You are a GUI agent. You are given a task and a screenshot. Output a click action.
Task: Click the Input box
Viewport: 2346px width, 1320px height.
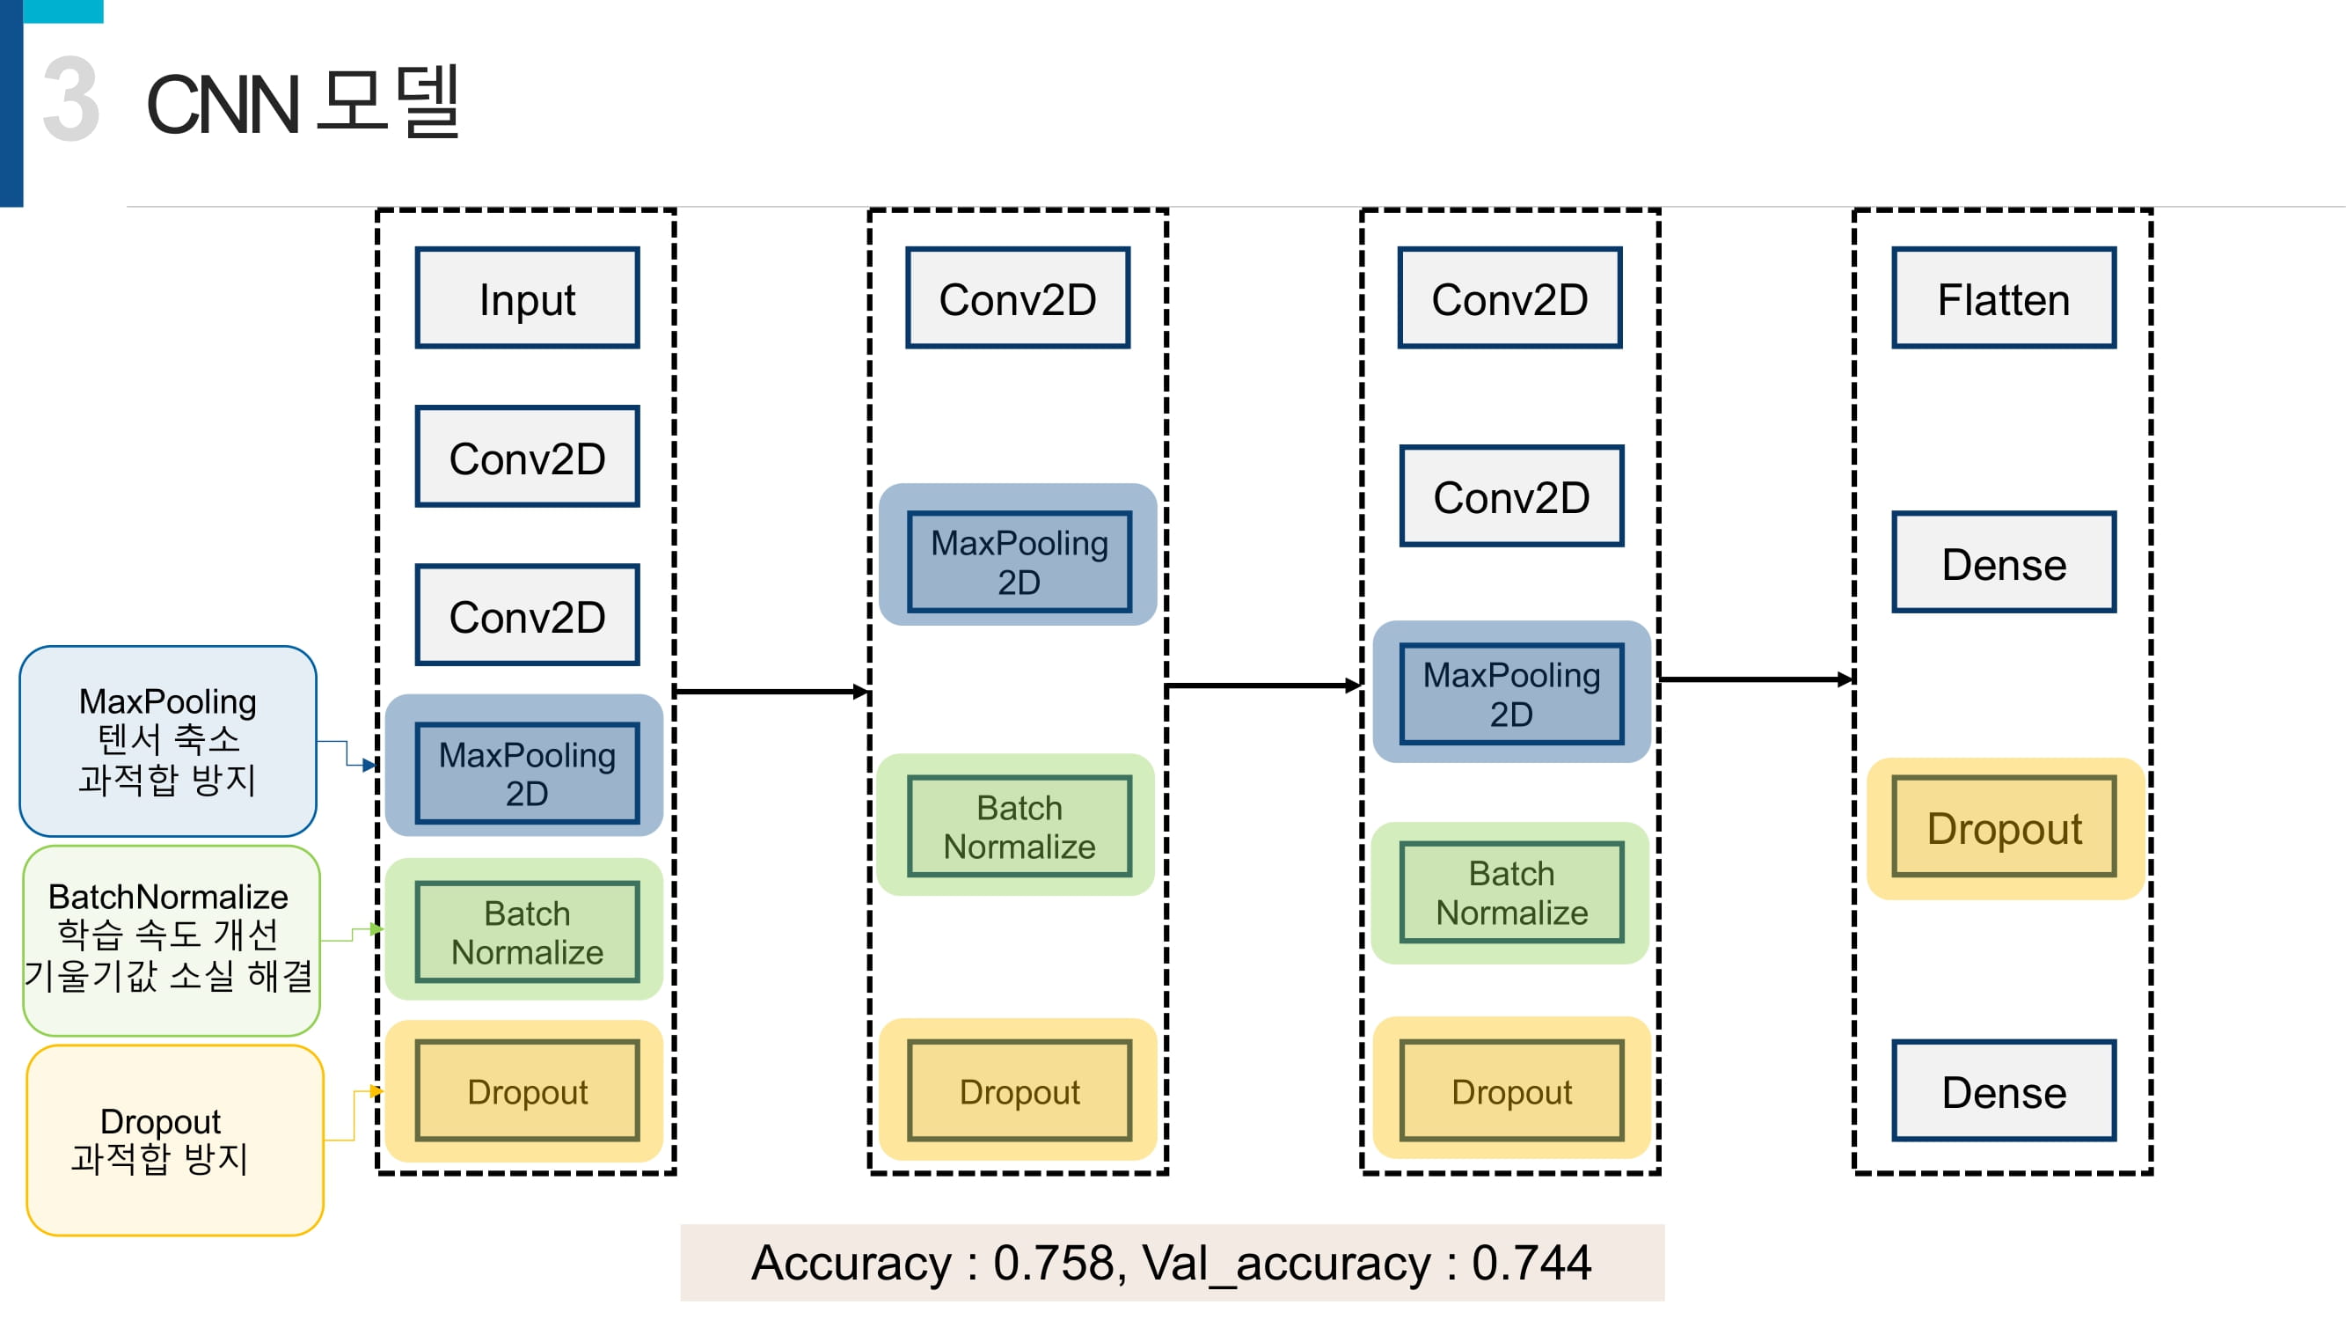click(x=527, y=298)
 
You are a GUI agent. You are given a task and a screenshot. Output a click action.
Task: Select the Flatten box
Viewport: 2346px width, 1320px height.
click(x=2004, y=298)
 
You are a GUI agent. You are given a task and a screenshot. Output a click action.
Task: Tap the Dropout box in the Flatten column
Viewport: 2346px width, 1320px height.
click(x=2004, y=827)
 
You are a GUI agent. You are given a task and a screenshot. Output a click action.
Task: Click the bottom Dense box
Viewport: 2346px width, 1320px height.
click(x=2004, y=1090)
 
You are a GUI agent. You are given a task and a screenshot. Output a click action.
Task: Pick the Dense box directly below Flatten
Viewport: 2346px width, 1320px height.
click(x=2004, y=562)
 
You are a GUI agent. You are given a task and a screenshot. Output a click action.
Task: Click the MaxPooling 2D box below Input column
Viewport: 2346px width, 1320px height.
click(x=527, y=774)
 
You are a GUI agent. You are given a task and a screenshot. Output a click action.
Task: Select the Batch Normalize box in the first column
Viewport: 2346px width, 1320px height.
click(x=527, y=932)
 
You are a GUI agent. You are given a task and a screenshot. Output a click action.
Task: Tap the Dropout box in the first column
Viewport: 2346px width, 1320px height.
click(x=527, y=1090)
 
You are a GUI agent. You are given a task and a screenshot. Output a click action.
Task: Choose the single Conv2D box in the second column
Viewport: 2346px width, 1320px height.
click(x=1018, y=298)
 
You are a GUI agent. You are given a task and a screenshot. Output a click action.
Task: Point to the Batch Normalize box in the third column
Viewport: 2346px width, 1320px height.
click(x=1512, y=892)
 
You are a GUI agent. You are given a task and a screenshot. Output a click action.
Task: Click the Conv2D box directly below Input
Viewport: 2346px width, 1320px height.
click(x=527, y=457)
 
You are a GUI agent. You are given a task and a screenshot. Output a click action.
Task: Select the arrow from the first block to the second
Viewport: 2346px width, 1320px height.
click(x=772, y=692)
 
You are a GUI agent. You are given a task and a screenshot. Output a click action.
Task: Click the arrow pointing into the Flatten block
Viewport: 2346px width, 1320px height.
click(x=1757, y=678)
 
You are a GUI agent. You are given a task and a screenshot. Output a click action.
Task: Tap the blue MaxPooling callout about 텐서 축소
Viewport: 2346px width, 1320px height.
click(x=167, y=741)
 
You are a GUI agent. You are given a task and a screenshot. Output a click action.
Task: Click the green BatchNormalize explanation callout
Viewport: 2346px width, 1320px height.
click(x=172, y=940)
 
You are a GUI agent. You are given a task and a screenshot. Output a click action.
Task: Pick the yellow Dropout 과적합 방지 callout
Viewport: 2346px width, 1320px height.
click(x=175, y=1140)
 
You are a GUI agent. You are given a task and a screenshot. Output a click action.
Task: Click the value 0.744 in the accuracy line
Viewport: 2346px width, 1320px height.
click(x=1531, y=1263)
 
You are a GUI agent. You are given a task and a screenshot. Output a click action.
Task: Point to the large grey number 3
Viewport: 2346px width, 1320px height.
click(x=71, y=98)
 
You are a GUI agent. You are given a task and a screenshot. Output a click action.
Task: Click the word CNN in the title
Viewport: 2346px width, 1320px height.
click(x=223, y=105)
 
